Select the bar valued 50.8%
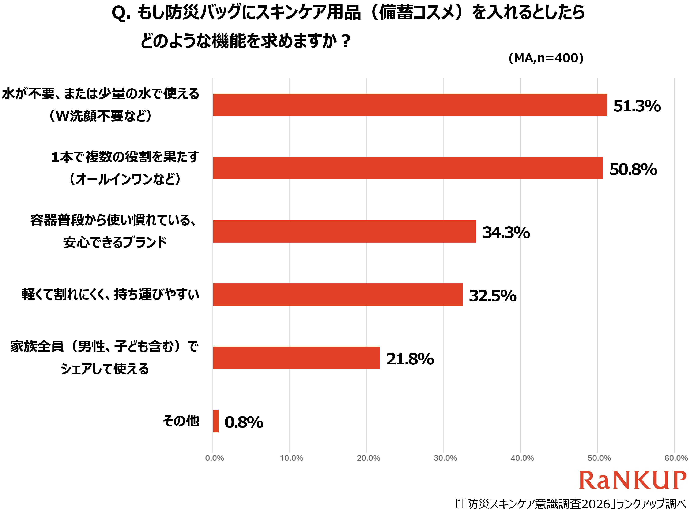pyautogui.click(x=408, y=168)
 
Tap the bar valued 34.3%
pyautogui.click(x=344, y=231)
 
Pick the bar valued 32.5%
pyautogui.click(x=338, y=294)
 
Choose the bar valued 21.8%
pyautogui.click(x=297, y=358)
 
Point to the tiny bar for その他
pyautogui.click(x=216, y=421)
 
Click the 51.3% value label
pyautogui.click(x=637, y=106)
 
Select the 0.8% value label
pyautogui.click(x=244, y=422)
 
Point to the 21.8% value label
pyautogui.click(x=410, y=359)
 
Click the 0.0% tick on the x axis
pyautogui.click(x=215, y=458)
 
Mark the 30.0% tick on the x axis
pyautogui.click(x=445, y=458)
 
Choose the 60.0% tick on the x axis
pyautogui.click(x=676, y=458)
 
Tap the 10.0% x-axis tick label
pyautogui.click(x=291, y=458)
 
